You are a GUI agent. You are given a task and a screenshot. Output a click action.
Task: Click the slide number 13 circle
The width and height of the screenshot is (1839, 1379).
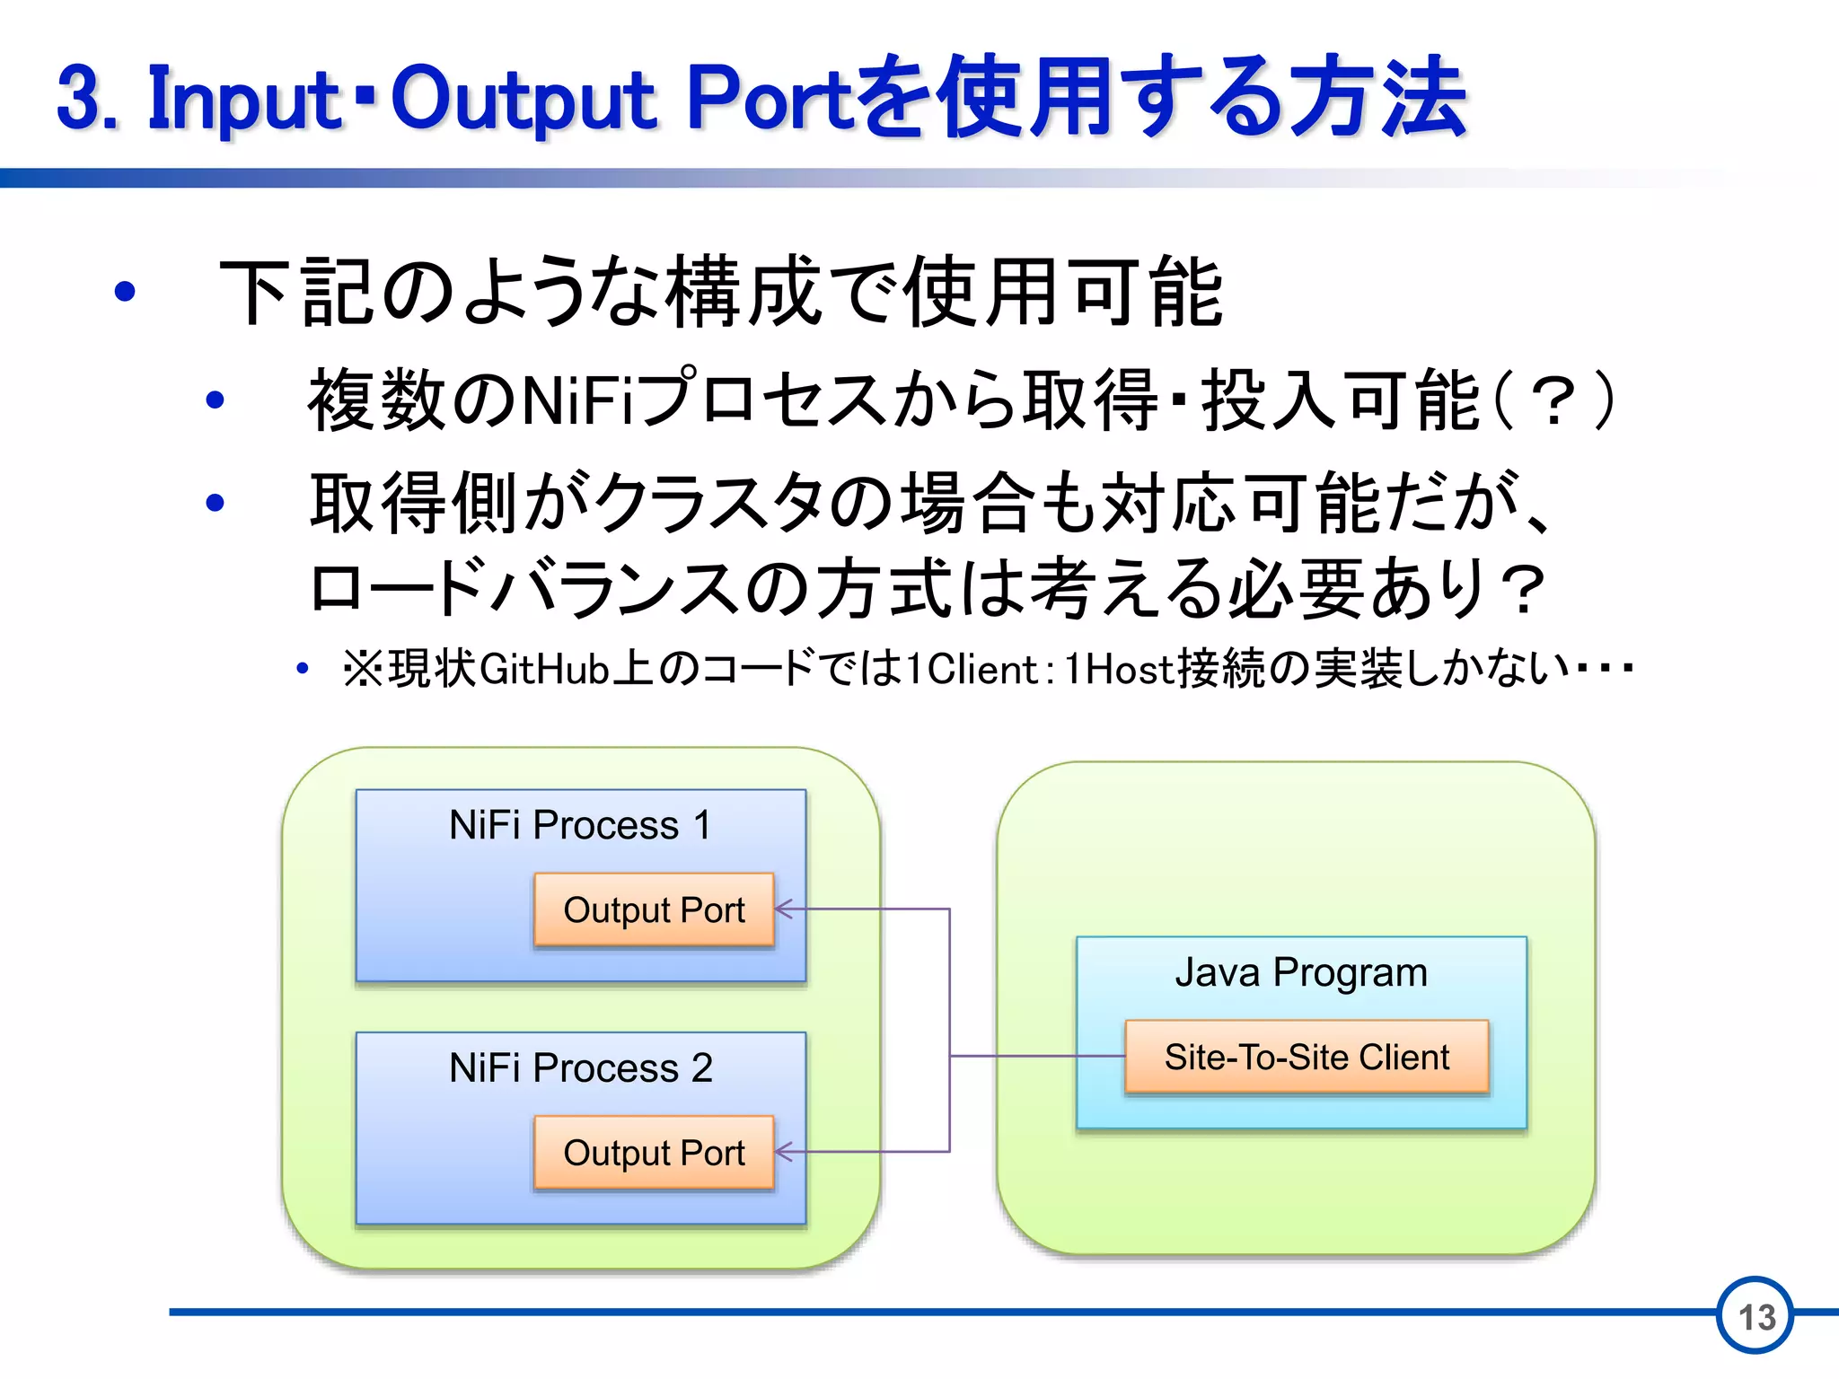pyautogui.click(x=1755, y=1316)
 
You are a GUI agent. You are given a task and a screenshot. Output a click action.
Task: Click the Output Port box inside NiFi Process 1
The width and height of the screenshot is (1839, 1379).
pyautogui.click(x=654, y=910)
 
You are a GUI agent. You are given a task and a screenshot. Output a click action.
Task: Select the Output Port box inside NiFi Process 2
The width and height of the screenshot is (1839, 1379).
pyautogui.click(x=654, y=1153)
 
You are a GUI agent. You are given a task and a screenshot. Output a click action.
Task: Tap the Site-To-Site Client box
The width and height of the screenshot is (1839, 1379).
pyautogui.click(x=1307, y=1057)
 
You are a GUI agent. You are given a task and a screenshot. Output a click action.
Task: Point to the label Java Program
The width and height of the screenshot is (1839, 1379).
pyautogui.click(x=1301, y=972)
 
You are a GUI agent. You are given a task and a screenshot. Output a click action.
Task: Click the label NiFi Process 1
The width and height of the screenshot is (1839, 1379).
pyautogui.click(x=580, y=825)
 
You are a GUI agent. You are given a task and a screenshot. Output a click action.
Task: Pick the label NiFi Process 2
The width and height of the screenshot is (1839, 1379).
pyautogui.click(x=580, y=1068)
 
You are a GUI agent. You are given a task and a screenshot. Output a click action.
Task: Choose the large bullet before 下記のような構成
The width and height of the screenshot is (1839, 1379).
pyautogui.click(x=125, y=291)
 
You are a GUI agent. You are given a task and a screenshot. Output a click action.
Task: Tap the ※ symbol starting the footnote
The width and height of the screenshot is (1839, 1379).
pyautogui.click(x=363, y=670)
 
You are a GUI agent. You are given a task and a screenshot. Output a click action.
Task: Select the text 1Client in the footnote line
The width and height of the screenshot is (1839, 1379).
pyautogui.click(x=972, y=670)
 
